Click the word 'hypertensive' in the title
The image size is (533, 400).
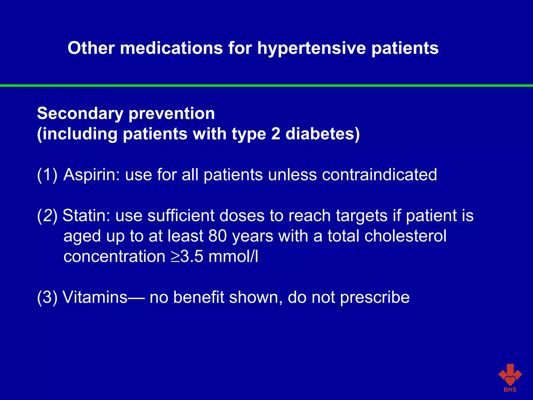[311, 48]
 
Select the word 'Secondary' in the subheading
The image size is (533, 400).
[80, 114]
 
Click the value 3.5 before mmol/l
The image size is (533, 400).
[192, 257]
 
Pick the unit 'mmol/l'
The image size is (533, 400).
[233, 257]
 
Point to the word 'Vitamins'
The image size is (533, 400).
[95, 297]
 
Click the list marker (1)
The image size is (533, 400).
[47, 175]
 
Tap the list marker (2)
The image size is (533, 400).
[47, 216]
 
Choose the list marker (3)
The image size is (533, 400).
[47, 297]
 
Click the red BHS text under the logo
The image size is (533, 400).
[510, 390]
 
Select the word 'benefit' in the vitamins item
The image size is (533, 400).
[199, 297]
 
